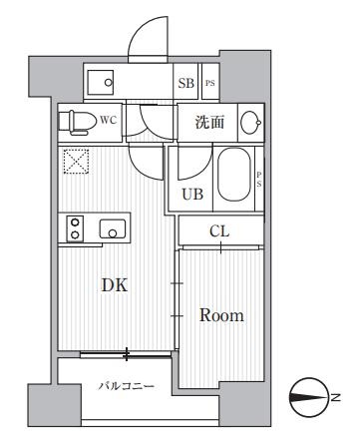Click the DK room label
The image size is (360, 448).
tap(116, 284)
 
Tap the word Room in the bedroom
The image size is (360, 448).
tap(221, 315)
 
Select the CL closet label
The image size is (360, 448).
tap(219, 231)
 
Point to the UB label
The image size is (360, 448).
tap(192, 195)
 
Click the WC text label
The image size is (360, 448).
tap(111, 120)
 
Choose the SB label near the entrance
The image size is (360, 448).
tap(185, 83)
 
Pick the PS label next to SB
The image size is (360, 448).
tap(209, 83)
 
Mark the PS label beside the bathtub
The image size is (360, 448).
tap(258, 181)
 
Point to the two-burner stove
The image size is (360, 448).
tap(73, 228)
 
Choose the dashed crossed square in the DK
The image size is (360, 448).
tap(76, 160)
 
